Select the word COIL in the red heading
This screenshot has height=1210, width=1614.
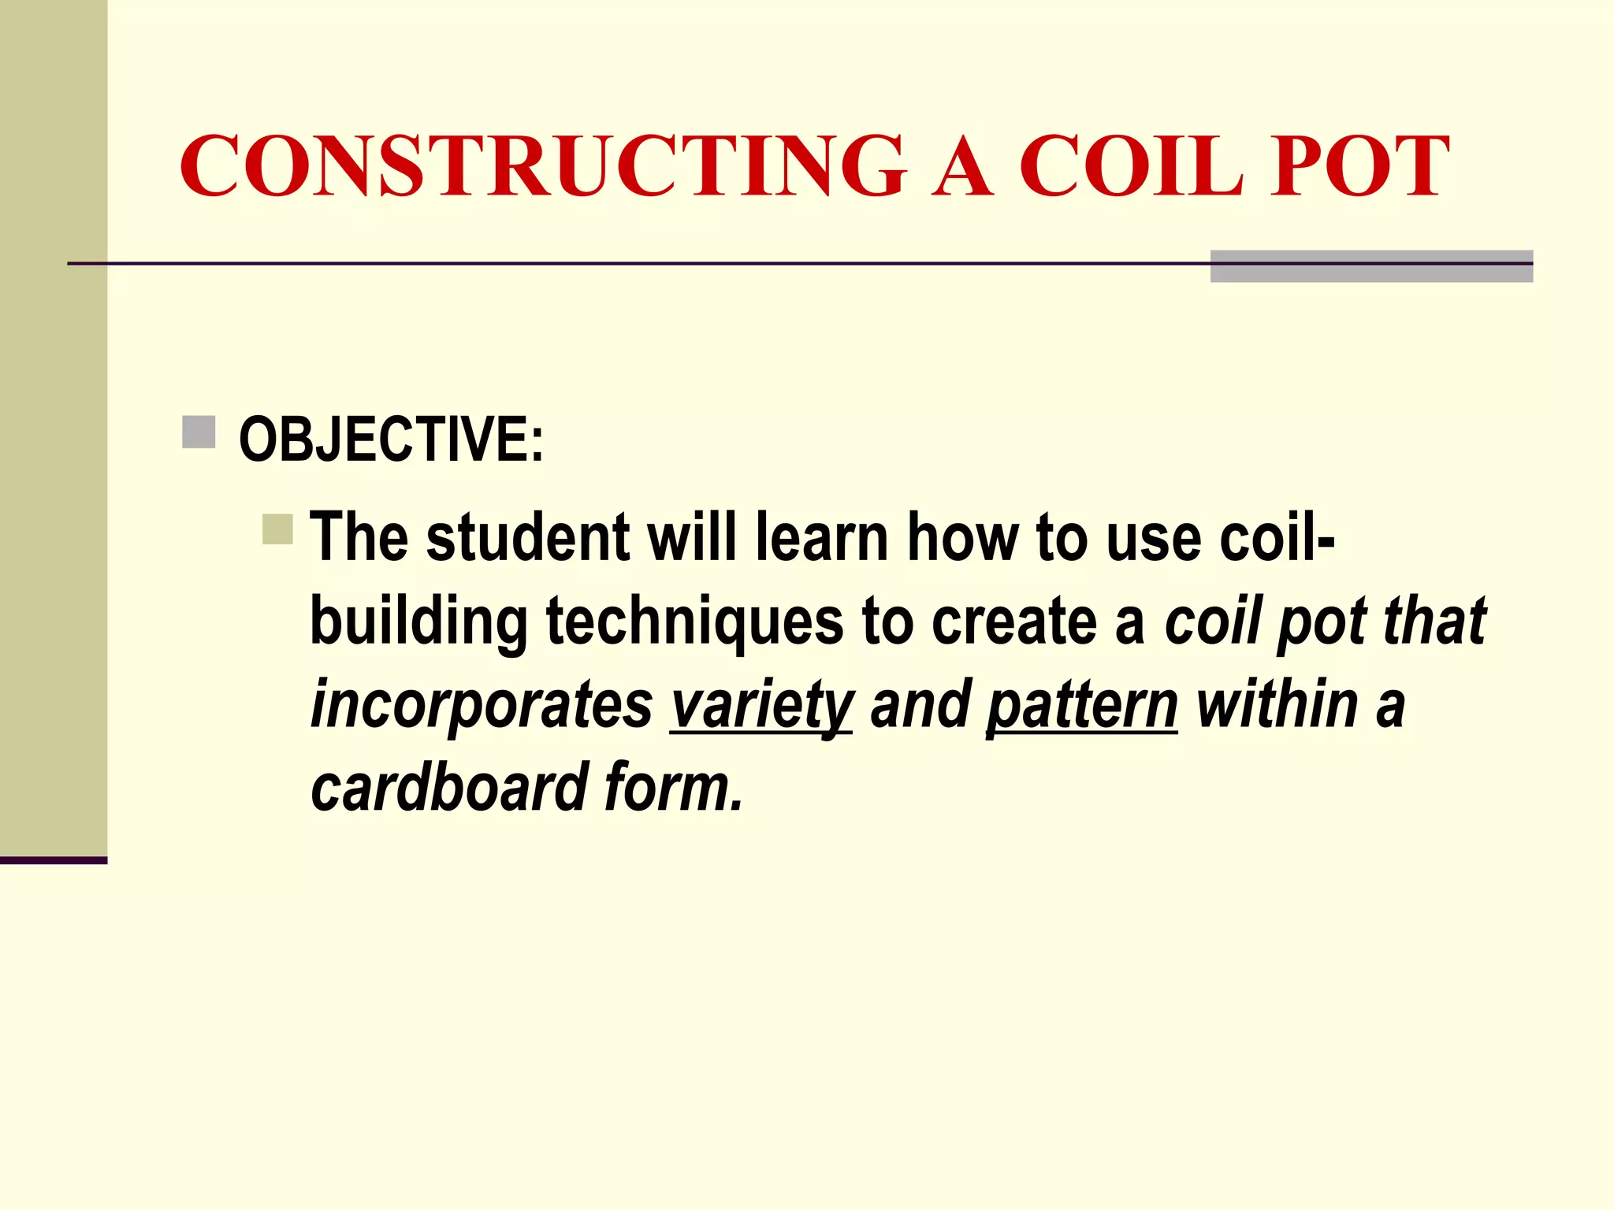click(x=1130, y=166)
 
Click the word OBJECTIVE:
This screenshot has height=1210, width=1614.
click(x=391, y=439)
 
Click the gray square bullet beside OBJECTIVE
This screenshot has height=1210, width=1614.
click(x=199, y=432)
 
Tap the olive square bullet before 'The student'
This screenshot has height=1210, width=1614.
click(x=277, y=529)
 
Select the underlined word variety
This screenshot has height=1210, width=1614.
click(x=761, y=705)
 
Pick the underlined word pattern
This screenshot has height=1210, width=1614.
click(x=1081, y=705)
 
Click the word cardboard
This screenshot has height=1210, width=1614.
click(x=449, y=787)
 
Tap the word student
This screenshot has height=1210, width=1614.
click(x=527, y=538)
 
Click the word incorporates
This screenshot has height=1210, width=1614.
click(x=481, y=705)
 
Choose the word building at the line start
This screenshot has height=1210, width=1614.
click(x=418, y=622)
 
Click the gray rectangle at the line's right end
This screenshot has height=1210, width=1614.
click(x=1371, y=266)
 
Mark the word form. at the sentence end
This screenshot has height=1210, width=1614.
click(x=674, y=787)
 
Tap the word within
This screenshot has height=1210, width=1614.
click(x=1277, y=705)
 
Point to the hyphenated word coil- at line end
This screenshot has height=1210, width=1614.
click(x=1277, y=538)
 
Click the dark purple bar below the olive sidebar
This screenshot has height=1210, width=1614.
click(x=53, y=860)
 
